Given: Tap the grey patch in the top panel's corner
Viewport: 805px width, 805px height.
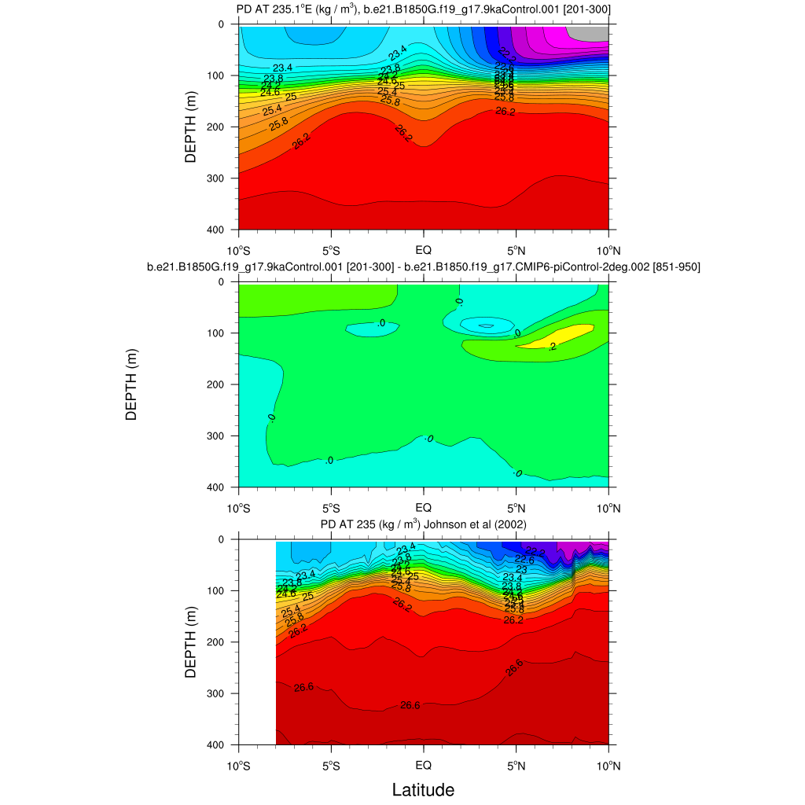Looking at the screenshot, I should pyautogui.click(x=594, y=33).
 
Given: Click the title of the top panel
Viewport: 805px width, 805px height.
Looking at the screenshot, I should pyautogui.click(x=424, y=9).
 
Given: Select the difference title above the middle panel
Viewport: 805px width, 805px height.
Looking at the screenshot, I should pyautogui.click(x=424, y=267).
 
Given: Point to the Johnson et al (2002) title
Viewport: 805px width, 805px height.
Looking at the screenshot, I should pyautogui.click(x=424, y=524).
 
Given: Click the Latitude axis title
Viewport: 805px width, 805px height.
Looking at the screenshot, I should pyautogui.click(x=423, y=788).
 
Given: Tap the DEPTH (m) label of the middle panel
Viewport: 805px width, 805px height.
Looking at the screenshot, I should pyautogui.click(x=130, y=385).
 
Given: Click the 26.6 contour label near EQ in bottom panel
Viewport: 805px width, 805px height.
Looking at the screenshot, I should pyautogui.click(x=410, y=705).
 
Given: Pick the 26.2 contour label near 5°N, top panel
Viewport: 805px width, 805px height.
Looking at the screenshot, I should pyautogui.click(x=505, y=112).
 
